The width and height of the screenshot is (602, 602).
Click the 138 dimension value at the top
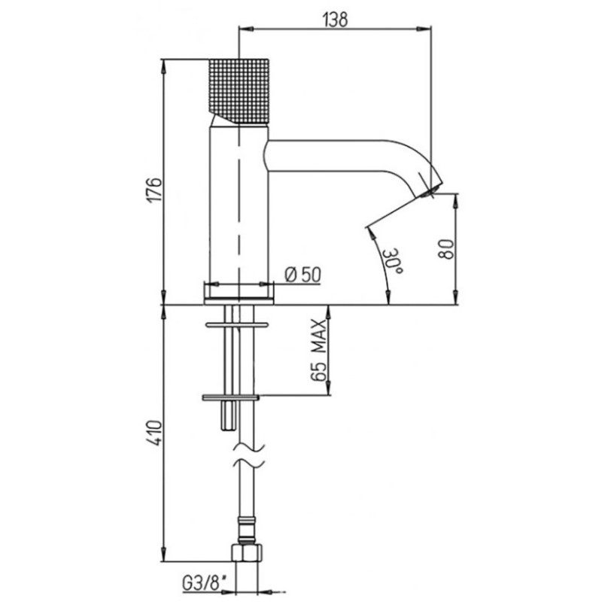tap(336, 20)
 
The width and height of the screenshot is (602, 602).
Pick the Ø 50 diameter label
tap(303, 274)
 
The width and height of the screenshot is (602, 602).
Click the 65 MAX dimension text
tap(318, 349)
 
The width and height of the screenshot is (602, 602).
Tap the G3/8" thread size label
tap(204, 585)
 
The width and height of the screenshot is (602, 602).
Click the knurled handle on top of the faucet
tap(239, 91)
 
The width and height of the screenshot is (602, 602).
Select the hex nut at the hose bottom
tap(247, 552)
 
